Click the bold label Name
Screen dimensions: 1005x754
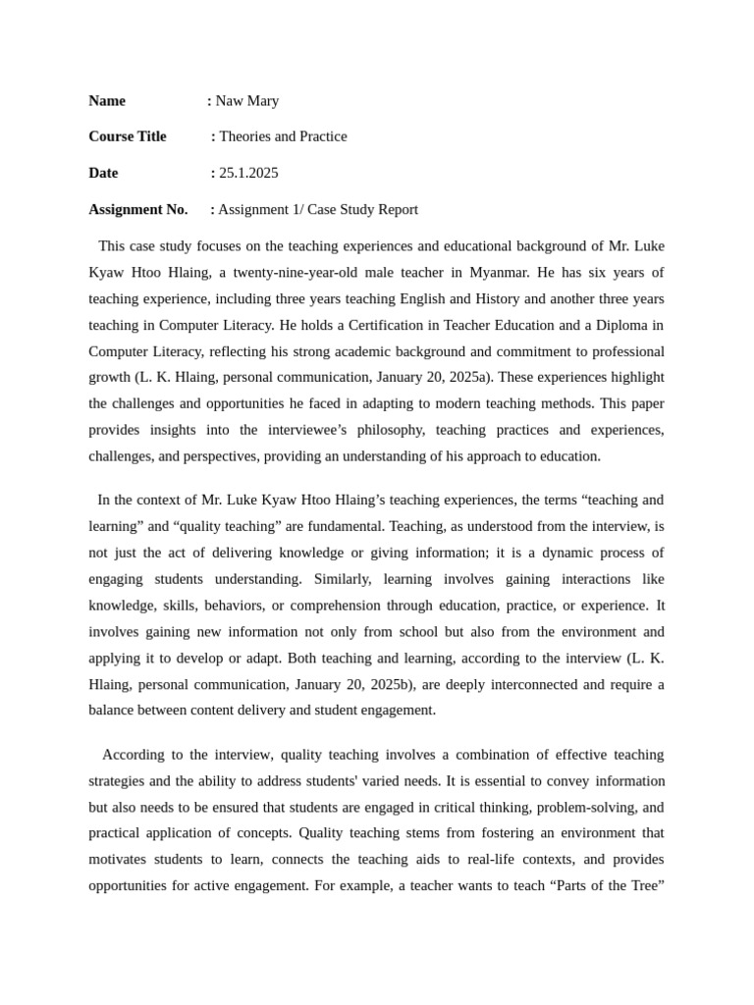pos(107,101)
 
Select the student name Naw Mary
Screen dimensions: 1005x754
pos(247,101)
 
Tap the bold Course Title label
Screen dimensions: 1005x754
pos(128,136)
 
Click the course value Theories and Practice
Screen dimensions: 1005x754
pos(283,136)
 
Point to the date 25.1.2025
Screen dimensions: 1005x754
pos(248,173)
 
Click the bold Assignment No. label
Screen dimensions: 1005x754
pos(138,209)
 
